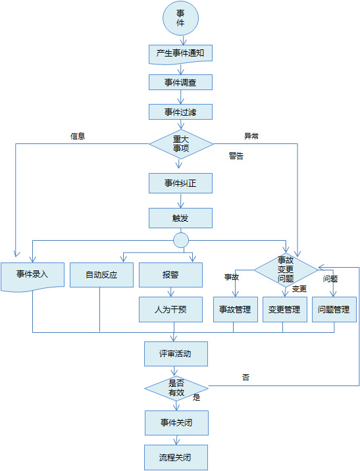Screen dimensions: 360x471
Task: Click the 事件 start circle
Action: [180, 18]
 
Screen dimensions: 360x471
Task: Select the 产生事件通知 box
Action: [180, 55]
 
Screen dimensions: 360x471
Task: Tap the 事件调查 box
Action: [180, 82]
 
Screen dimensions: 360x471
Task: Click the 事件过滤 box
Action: [180, 112]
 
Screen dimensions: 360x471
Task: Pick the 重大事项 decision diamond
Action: [181, 144]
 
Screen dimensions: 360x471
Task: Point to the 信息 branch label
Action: [78, 136]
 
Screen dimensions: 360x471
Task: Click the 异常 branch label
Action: [251, 136]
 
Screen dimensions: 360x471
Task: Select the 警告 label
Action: [236, 156]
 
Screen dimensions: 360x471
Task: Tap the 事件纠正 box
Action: [180, 184]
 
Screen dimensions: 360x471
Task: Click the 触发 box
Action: [180, 218]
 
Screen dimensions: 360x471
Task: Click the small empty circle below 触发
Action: [181, 240]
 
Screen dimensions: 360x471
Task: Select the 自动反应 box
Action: [101, 275]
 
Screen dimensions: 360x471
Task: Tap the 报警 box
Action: [170, 275]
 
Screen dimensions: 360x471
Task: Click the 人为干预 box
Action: [170, 309]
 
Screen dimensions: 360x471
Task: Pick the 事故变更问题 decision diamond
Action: [286, 270]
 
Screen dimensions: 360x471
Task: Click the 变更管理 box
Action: [285, 309]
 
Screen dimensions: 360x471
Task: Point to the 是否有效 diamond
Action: [176, 388]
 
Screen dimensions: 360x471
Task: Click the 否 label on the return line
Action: [245, 378]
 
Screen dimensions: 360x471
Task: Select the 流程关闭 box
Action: [176, 457]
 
